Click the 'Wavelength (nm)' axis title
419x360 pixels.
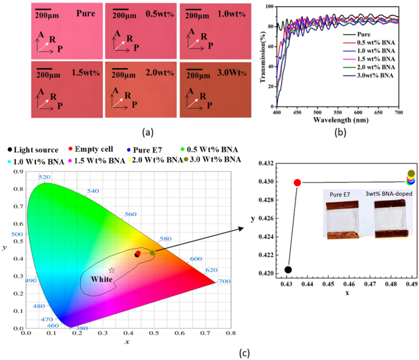(x=338, y=121)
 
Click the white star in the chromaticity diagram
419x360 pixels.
(x=111, y=270)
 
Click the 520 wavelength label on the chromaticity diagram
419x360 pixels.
(x=43, y=178)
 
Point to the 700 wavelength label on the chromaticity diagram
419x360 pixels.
(x=224, y=281)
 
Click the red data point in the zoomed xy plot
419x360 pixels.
(x=297, y=182)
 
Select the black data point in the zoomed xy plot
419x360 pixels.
(x=288, y=269)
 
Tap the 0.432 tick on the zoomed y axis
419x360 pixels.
(x=265, y=164)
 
